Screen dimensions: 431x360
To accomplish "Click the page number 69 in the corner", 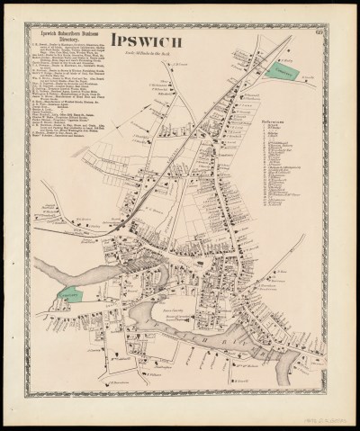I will point(323,35).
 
